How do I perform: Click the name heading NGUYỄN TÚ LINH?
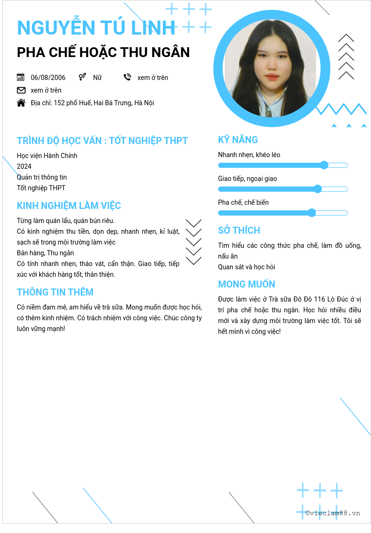coord(96,28)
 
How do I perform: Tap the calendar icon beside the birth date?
coord(21,77)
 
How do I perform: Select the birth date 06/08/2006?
coord(48,78)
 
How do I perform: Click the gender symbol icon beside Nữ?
coord(82,77)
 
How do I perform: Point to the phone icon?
coord(127,77)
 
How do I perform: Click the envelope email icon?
coord(21,90)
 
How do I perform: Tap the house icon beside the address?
coord(21,103)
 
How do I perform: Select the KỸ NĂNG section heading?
coord(238,140)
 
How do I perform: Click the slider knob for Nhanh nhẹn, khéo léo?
coord(324,165)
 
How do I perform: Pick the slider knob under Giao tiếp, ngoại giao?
coord(318,189)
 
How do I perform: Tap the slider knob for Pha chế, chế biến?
coord(312,213)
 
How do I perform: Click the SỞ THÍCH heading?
coord(239,230)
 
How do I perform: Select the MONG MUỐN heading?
coord(246,284)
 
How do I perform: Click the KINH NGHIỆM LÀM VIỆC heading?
coord(69,206)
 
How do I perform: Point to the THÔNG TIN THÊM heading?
coord(55,292)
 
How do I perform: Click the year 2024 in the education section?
coord(24,166)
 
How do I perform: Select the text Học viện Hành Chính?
coord(47,156)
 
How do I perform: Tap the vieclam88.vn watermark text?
coord(333,513)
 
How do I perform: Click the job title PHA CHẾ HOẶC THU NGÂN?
coord(103,52)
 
